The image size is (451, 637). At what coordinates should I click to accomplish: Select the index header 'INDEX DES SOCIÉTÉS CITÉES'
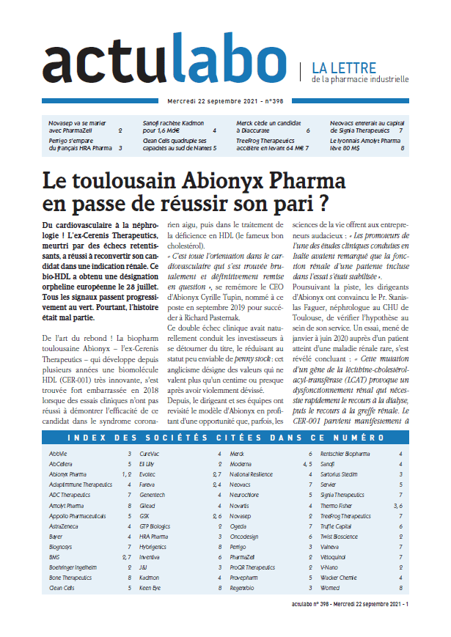(225, 439)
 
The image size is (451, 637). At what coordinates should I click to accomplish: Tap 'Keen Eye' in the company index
(151, 587)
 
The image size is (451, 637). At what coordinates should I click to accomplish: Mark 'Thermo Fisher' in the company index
(342, 505)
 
